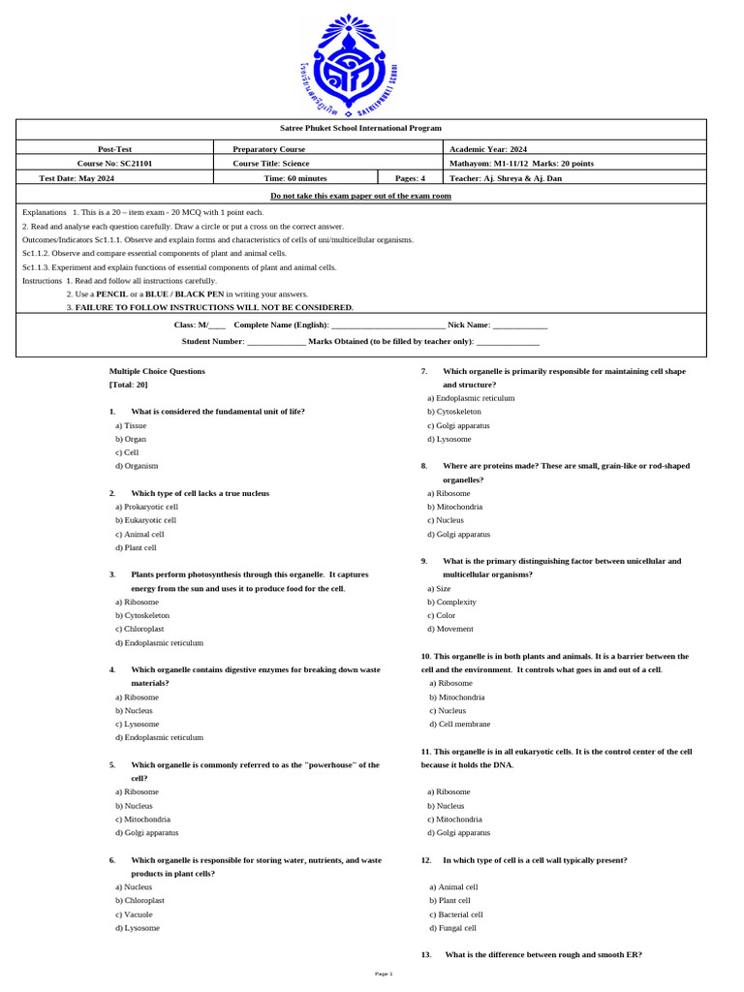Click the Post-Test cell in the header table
(114, 149)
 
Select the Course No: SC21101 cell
(114, 164)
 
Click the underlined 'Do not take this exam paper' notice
(360, 196)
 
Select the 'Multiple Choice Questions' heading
(157, 371)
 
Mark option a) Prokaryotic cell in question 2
(146, 507)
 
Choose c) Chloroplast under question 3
(141, 629)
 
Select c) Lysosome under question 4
(138, 724)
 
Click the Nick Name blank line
(519, 326)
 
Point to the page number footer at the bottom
(384, 974)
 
